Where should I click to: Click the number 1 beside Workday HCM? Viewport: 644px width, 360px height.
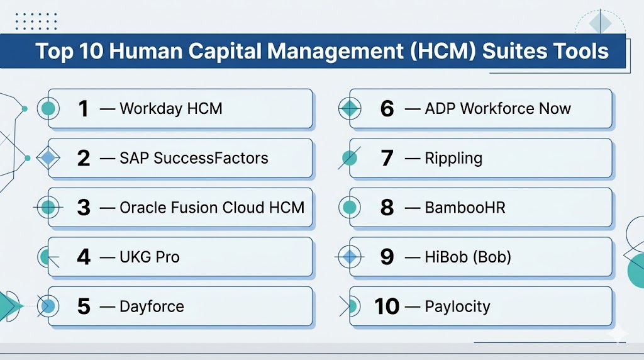click(x=84, y=109)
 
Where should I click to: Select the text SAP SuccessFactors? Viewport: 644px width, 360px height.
click(x=194, y=158)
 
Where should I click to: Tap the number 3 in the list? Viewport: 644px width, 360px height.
click(x=84, y=208)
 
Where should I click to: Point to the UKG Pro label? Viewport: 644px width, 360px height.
click(x=150, y=257)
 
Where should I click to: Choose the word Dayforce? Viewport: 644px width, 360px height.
click(x=152, y=307)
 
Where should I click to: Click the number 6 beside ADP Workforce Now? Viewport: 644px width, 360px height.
click(x=387, y=109)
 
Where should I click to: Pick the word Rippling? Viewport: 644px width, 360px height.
click(x=453, y=159)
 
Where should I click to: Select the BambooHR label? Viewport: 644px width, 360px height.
click(x=465, y=208)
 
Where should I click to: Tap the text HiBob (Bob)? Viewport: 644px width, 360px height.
click(x=468, y=257)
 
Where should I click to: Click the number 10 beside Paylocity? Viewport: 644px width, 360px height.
click(x=387, y=307)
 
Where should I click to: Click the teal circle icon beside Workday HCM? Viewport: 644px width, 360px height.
click(x=48, y=109)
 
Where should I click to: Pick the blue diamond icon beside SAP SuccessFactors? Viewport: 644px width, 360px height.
click(x=48, y=158)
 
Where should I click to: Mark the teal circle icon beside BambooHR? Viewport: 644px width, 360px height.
click(x=350, y=208)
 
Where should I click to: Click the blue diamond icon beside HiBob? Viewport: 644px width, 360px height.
click(x=350, y=257)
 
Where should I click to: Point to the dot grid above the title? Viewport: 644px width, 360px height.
click(x=36, y=21)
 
